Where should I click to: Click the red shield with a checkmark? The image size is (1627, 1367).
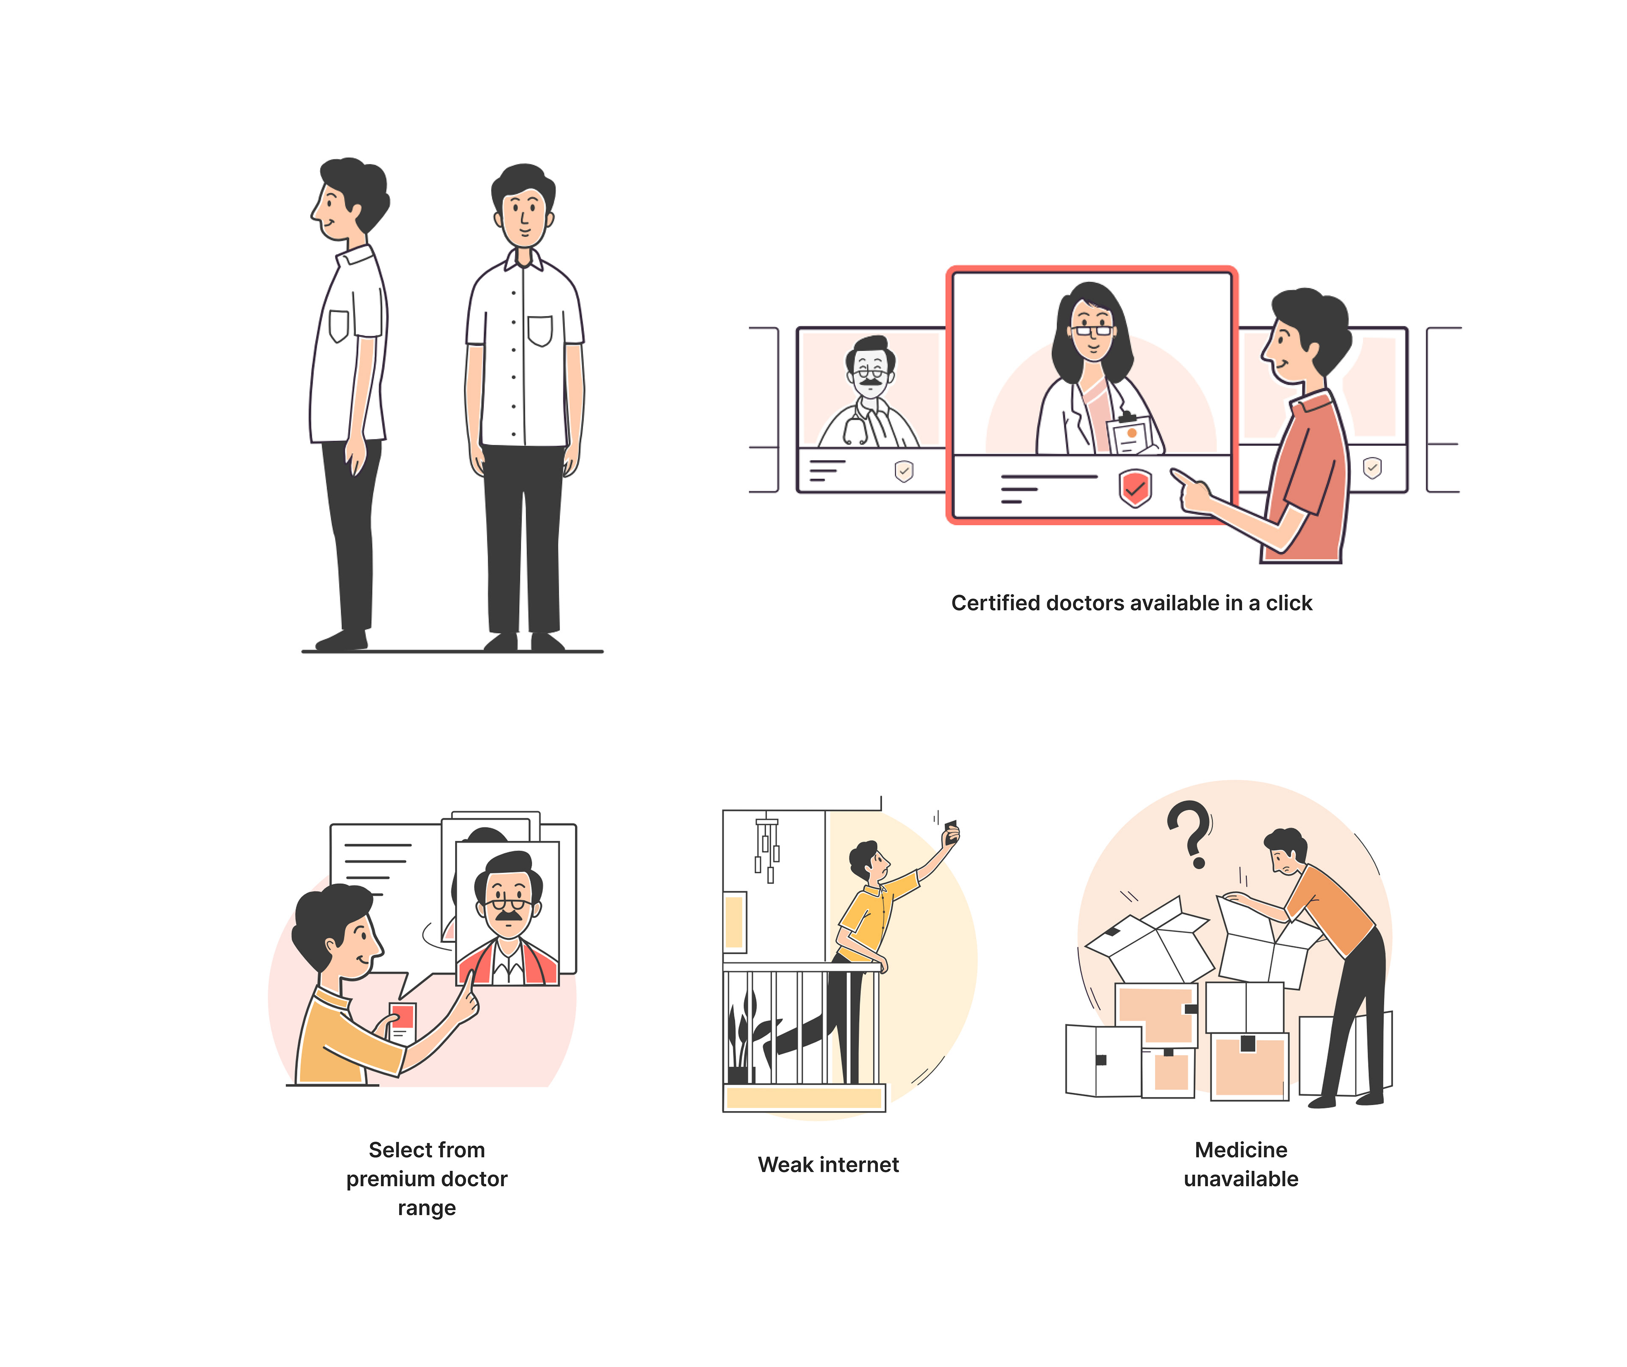click(x=1135, y=487)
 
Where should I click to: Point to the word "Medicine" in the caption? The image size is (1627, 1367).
click(x=1241, y=1150)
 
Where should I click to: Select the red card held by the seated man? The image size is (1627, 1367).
click(x=403, y=1021)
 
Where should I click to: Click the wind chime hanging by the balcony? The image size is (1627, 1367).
click(x=767, y=849)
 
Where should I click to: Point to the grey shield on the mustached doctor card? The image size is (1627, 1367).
click(x=903, y=470)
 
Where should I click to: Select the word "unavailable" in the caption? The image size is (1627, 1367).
click(x=1241, y=1179)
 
